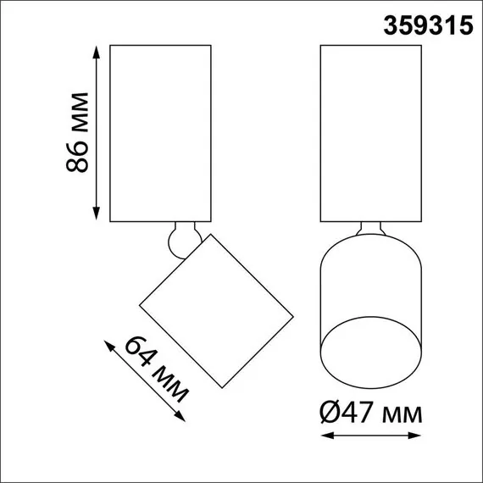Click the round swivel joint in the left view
179,241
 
